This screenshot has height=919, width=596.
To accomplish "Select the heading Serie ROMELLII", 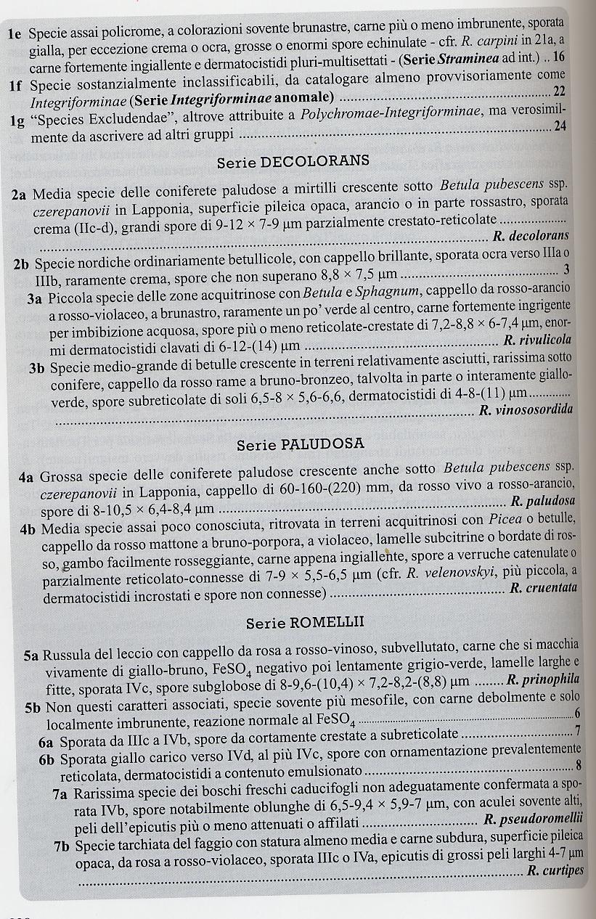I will (x=294, y=622).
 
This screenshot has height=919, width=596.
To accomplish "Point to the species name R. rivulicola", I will (x=536, y=340).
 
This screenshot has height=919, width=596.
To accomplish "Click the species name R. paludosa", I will (x=543, y=501).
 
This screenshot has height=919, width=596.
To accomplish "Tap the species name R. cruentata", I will (x=543, y=588).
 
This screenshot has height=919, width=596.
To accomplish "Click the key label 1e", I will (x=16, y=33).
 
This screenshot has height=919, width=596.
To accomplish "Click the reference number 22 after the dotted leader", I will (x=558, y=91).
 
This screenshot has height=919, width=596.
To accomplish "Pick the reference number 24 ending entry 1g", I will (x=559, y=126).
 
